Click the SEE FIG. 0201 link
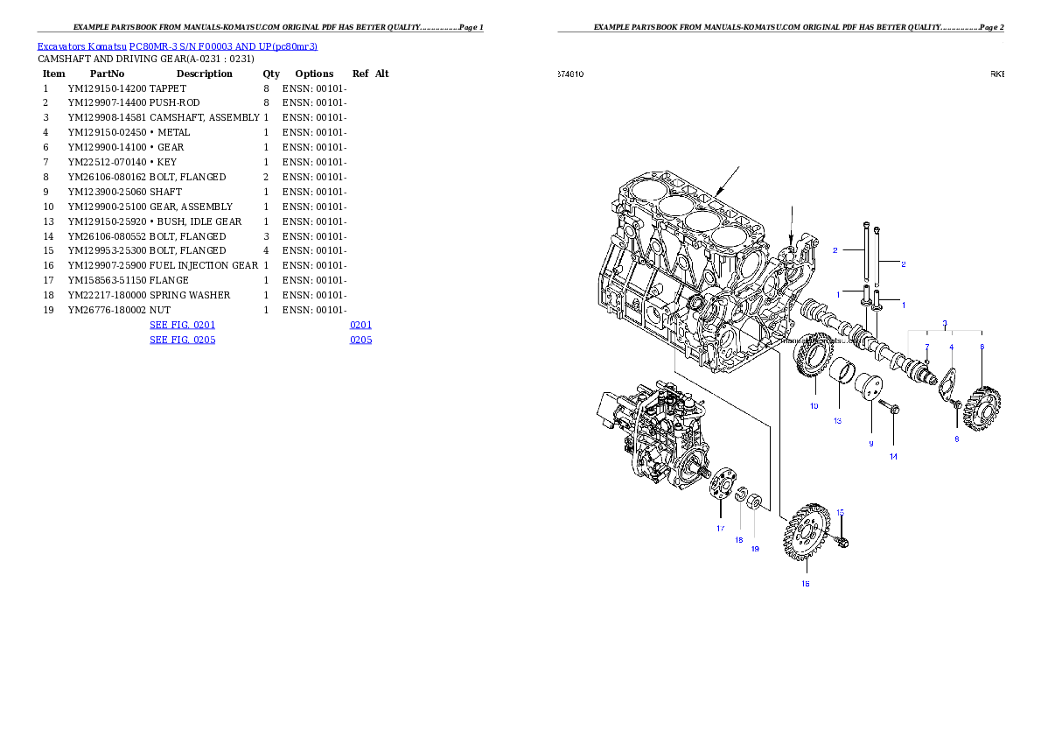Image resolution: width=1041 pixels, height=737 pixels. pos(182,325)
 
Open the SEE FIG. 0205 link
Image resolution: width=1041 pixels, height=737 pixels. pos(182,339)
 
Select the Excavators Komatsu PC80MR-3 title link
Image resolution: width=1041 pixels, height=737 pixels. pos(177,46)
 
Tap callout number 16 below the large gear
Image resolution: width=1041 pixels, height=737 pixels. pos(806,584)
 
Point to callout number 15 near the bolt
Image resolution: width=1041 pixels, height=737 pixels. pos(840,512)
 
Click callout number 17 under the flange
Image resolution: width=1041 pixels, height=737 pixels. pos(721,528)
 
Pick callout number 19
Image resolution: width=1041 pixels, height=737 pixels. pos(755,549)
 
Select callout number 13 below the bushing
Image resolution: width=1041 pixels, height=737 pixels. pos(837,421)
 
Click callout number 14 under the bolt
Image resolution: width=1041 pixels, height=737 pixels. pos(893,456)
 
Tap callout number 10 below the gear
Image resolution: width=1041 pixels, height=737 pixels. pos(814,406)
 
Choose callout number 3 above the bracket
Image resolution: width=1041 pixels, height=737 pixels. pos(945,323)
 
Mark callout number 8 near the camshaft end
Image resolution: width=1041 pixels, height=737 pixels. pos(956,439)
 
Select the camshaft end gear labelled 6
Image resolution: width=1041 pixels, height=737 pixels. pos(986,399)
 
